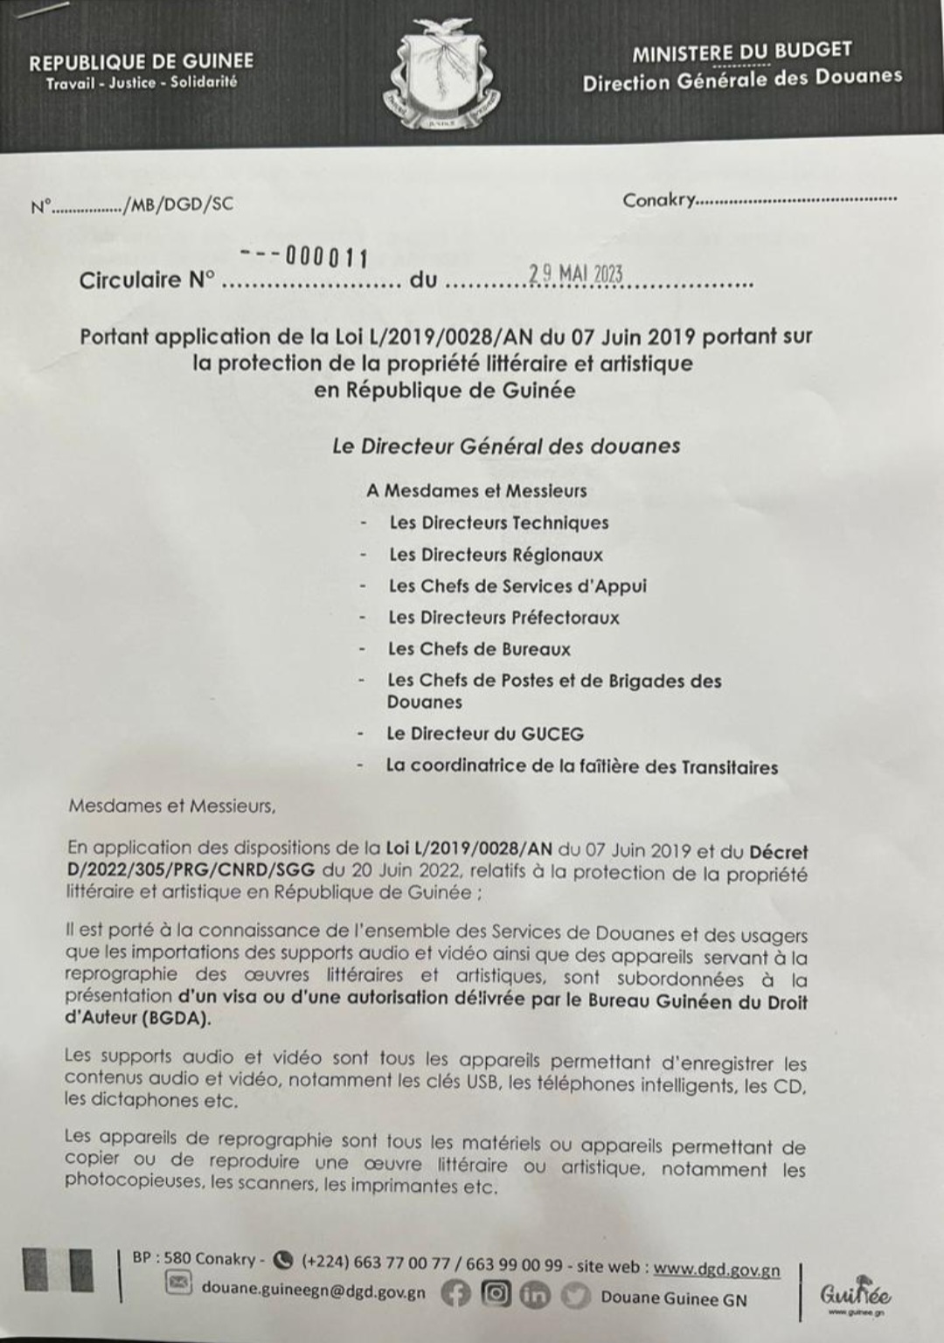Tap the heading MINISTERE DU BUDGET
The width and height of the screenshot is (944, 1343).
(741, 52)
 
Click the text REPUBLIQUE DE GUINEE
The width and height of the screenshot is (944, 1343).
(141, 62)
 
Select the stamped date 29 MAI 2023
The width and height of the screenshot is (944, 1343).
(575, 273)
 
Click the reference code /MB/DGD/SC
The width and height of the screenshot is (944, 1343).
(179, 204)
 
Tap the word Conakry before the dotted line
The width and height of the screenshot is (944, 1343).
(658, 200)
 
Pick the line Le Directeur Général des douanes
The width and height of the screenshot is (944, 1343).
(505, 446)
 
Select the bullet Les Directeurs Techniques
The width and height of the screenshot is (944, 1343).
(498, 523)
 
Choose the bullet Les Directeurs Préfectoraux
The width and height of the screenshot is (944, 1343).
(503, 618)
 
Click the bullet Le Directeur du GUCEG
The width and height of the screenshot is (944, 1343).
(485, 734)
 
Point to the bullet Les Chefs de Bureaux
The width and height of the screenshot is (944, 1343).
(479, 649)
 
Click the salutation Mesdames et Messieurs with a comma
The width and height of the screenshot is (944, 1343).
(172, 806)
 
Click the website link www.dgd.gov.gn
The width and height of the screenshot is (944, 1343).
(717, 1269)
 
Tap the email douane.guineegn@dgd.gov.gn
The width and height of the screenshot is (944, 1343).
(313, 1291)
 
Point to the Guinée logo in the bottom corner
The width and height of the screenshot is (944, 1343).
(855, 1295)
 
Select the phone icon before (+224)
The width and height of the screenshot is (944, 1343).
(282, 1260)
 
